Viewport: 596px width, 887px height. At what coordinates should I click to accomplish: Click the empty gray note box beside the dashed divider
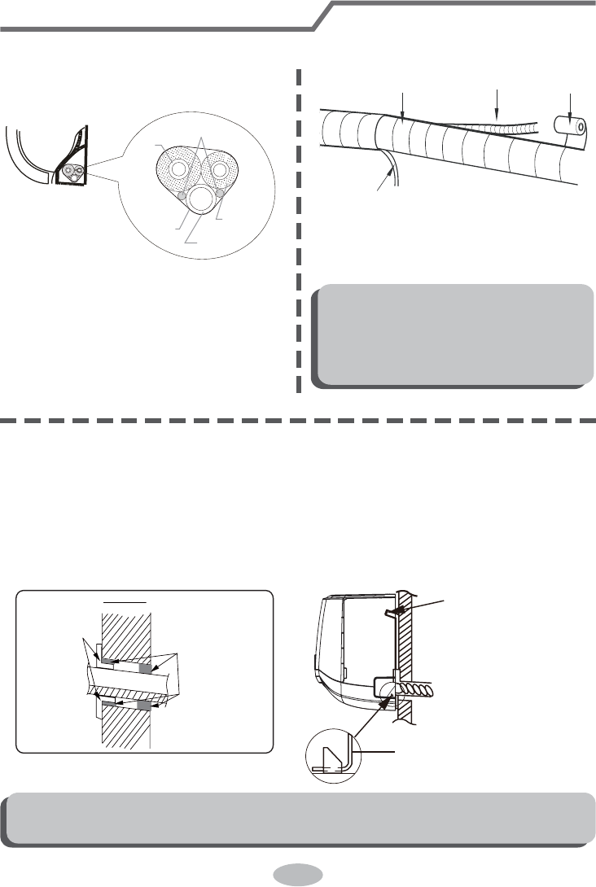click(x=453, y=334)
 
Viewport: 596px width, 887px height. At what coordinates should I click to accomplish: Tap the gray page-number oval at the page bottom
click(x=299, y=874)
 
